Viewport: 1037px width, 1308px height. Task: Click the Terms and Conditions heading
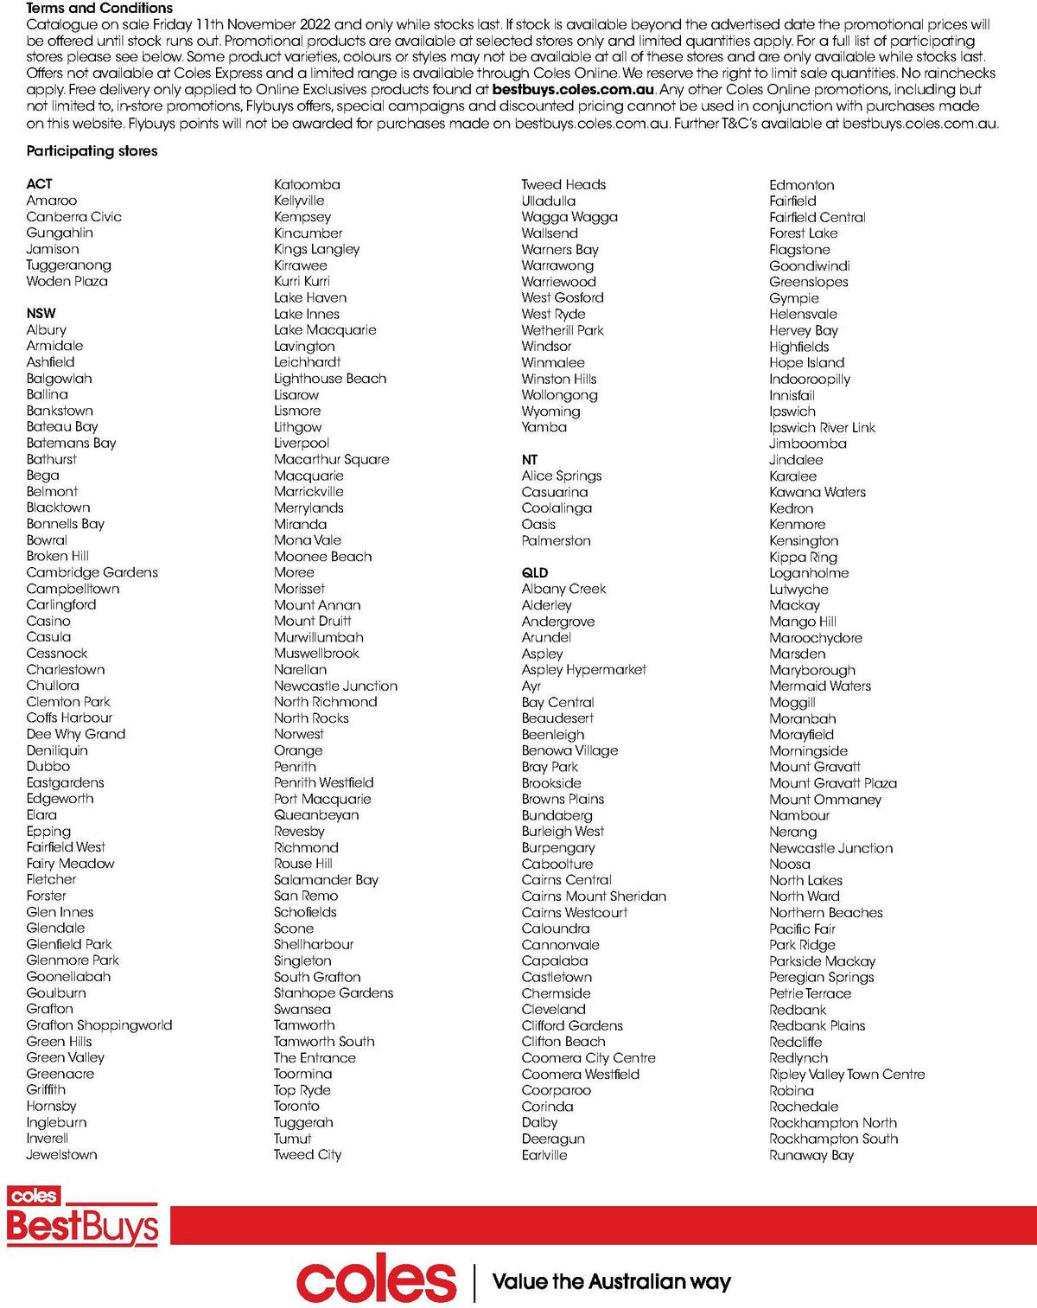[x=99, y=8]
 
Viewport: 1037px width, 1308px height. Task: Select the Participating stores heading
[x=92, y=151]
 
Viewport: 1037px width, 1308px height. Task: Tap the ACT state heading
[x=39, y=184]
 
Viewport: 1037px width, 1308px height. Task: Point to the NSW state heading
[x=41, y=314]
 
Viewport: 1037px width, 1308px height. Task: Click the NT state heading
[x=529, y=460]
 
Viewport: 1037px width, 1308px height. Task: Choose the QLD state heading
[x=534, y=573]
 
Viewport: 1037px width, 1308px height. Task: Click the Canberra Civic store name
[x=73, y=217]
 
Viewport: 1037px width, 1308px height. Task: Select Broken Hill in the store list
[x=57, y=557]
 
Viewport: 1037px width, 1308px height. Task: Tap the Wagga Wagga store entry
[x=569, y=217]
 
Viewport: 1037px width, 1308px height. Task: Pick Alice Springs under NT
[x=561, y=476]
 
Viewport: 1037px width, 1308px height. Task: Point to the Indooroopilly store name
[x=809, y=380]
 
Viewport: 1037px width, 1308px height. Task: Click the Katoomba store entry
[x=307, y=185]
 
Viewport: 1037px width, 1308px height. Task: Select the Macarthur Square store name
[x=331, y=460]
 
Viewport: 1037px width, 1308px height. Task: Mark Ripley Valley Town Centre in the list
[x=846, y=1075]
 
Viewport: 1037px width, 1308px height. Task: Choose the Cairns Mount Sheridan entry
[x=593, y=896]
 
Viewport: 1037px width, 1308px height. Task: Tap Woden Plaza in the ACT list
[x=67, y=282]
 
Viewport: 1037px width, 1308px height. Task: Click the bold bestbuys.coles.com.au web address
[x=572, y=90]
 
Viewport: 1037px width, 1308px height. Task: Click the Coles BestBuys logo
[x=82, y=1217]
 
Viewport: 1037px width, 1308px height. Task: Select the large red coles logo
[x=376, y=1281]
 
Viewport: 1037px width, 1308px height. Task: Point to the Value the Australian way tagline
[x=611, y=1282]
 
